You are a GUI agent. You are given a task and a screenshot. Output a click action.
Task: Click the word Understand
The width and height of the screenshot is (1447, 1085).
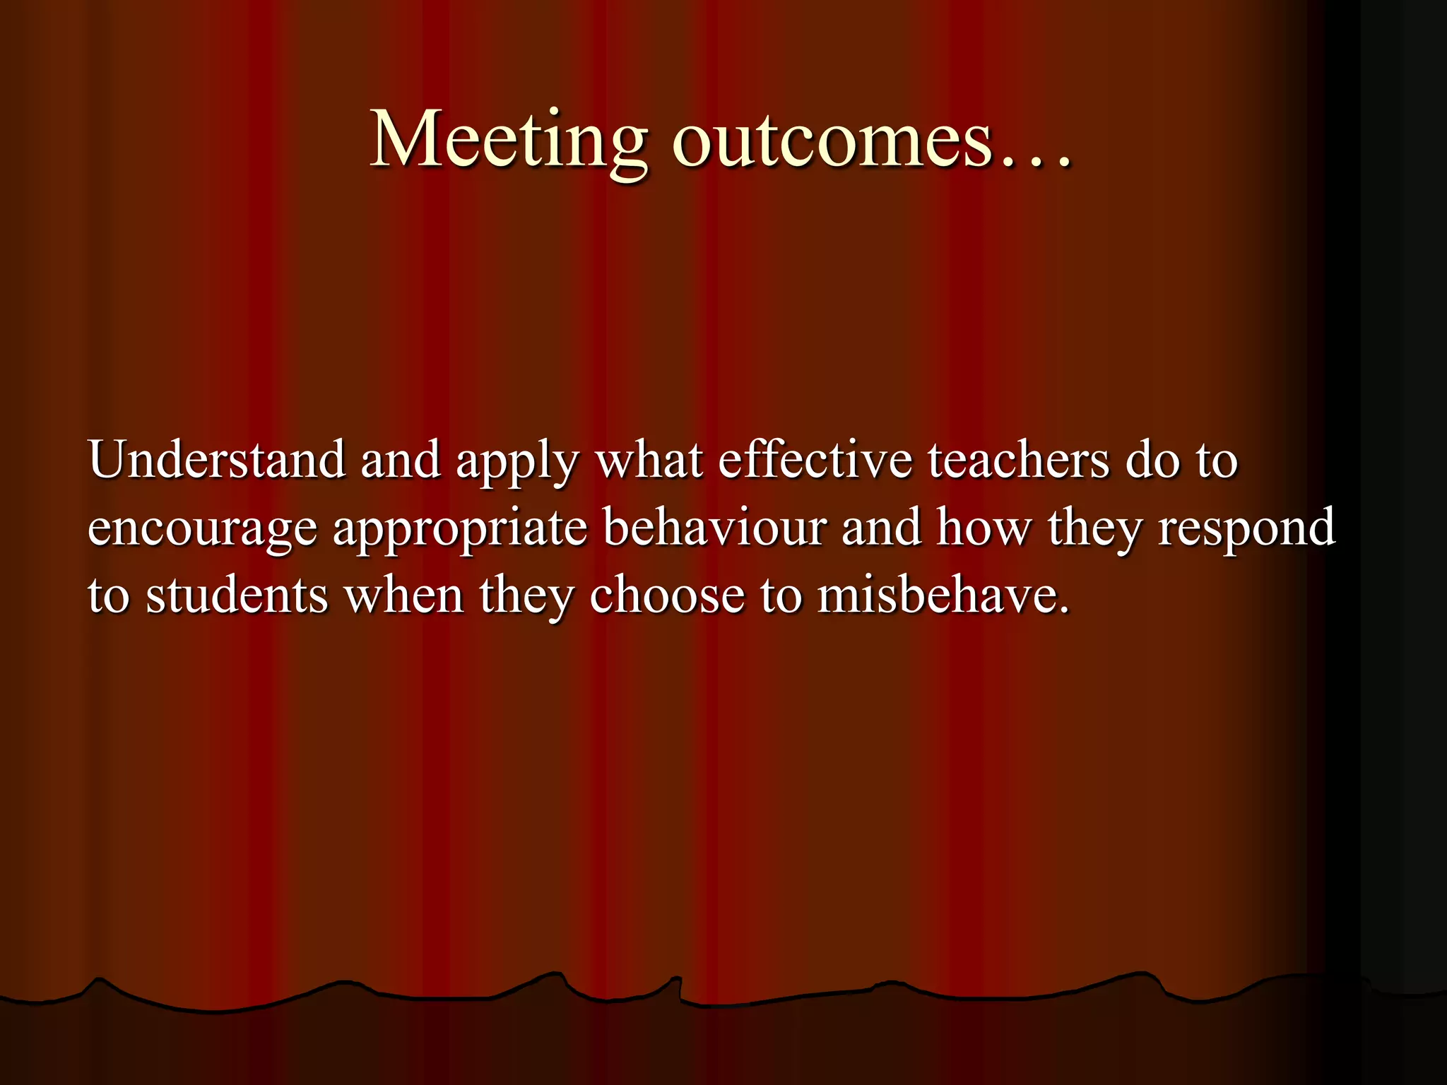217,461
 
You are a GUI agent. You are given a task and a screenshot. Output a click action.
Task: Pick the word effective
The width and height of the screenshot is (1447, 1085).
815,461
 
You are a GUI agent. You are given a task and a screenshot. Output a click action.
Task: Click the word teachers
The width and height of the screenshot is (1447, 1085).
1019,461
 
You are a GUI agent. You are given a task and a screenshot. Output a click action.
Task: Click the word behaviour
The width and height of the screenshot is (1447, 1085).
714,528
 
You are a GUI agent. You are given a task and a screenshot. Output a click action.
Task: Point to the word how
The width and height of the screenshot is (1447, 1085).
984,528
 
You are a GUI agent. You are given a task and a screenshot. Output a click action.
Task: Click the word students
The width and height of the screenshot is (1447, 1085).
237,595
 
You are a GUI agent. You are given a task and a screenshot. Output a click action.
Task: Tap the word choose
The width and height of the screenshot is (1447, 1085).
667,595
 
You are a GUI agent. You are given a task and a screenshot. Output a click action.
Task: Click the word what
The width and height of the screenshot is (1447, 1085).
649,461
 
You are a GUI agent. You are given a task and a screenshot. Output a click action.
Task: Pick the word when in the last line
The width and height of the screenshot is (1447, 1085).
403,595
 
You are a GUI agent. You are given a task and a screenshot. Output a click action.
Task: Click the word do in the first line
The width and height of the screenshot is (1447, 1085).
1152,461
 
